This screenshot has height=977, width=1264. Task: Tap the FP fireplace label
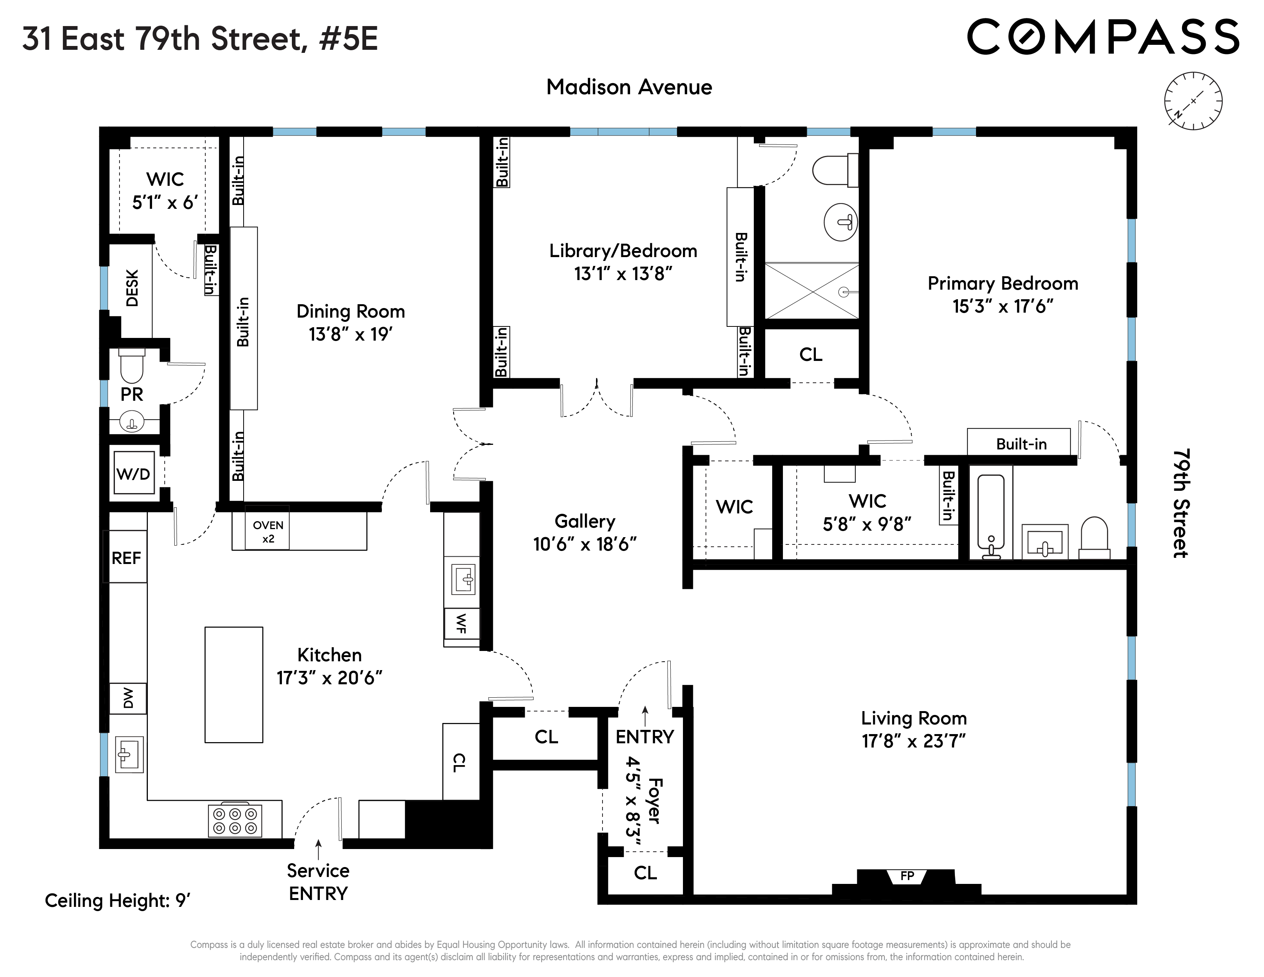(x=907, y=876)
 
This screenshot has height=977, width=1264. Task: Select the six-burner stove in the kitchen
(x=235, y=821)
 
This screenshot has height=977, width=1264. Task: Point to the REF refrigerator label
(x=126, y=558)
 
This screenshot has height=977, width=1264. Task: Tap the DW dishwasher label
(x=128, y=698)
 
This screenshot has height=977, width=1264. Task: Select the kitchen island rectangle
(x=234, y=685)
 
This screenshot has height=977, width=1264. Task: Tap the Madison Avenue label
(x=629, y=87)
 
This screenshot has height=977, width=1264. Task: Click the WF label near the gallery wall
(x=461, y=623)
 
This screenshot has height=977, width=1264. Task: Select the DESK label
(x=132, y=288)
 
